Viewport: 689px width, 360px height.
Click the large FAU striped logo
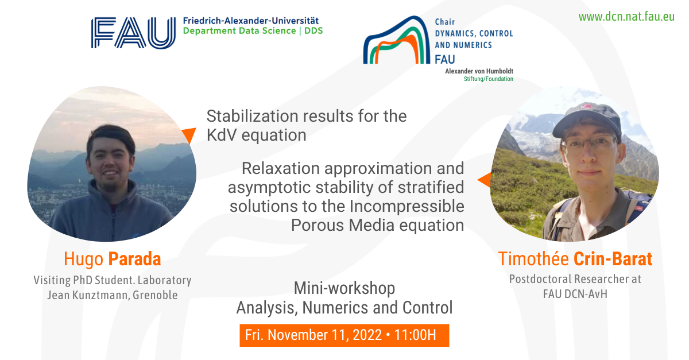[x=133, y=33]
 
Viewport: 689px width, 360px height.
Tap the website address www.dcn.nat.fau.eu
[x=626, y=16]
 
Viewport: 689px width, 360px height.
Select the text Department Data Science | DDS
[x=253, y=31]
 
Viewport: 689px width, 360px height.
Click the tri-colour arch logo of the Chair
[x=397, y=40]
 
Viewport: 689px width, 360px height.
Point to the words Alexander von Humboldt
[x=479, y=71]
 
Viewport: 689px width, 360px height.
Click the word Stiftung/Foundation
[x=489, y=79]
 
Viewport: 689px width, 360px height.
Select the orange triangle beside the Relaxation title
[x=484, y=180]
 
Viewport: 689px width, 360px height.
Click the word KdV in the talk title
[x=222, y=135]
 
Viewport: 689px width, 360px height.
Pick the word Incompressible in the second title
[x=407, y=206]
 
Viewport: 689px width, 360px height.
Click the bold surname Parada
[x=134, y=259]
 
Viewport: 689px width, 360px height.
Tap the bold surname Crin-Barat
[x=613, y=259]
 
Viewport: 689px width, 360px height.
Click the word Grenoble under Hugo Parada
[x=155, y=295]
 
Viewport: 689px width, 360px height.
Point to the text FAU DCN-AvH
[x=575, y=294]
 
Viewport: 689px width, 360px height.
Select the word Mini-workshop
[x=344, y=288]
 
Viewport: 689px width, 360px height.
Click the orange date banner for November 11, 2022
[x=344, y=335]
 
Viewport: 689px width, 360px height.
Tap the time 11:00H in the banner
[x=415, y=335]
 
